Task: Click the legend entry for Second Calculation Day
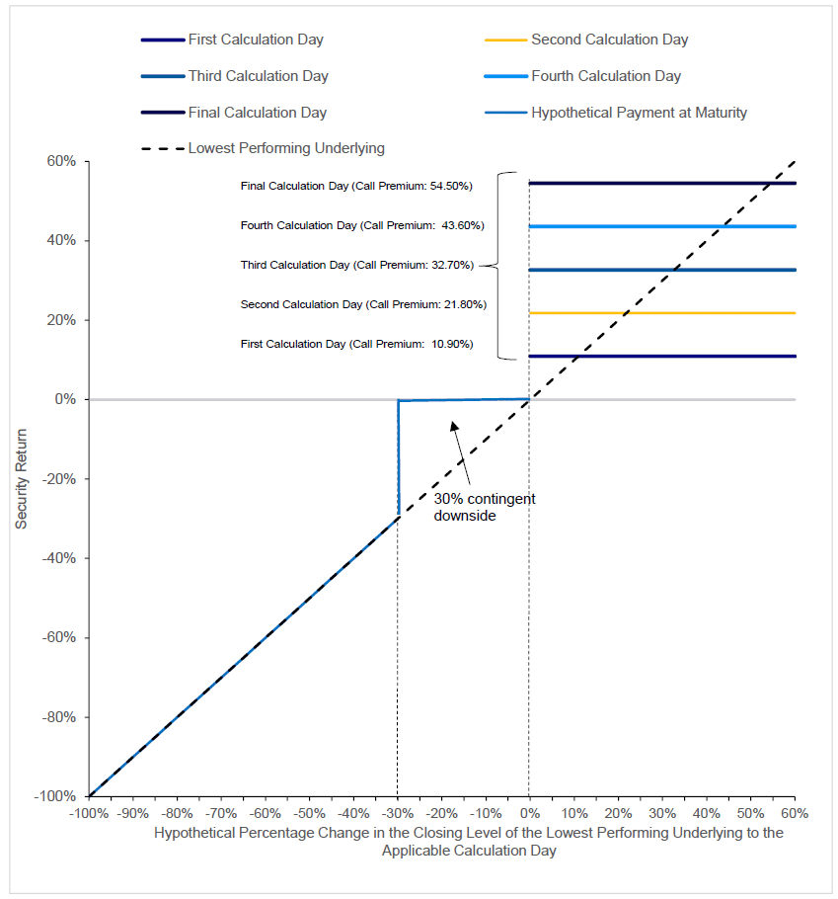609,40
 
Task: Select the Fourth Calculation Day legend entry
605,76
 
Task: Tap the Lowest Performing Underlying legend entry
286,148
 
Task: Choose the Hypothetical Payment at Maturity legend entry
639,113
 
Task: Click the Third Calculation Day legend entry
258,76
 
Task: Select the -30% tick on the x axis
398,814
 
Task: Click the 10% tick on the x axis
573,814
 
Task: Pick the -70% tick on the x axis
221,814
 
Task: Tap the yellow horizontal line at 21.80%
661,313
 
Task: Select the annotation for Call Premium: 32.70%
357,265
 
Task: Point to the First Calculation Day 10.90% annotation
356,344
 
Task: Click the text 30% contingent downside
484,507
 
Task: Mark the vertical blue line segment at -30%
398,459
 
